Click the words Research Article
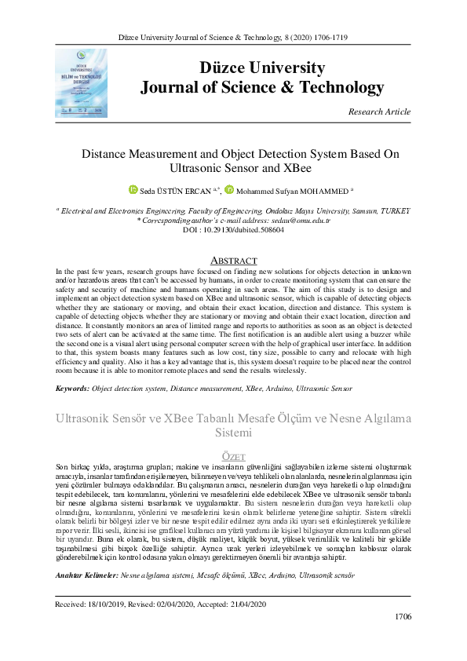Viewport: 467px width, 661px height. pyautogui.click(x=379, y=111)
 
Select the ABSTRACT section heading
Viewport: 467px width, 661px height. pyautogui.click(x=233, y=260)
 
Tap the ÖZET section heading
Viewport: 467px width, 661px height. pyautogui.click(x=233, y=456)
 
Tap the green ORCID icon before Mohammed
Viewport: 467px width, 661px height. pyautogui.click(x=229, y=190)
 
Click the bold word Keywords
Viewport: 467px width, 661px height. pyautogui.click(x=71, y=389)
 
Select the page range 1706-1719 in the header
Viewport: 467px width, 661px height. pyautogui.click(x=328, y=38)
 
